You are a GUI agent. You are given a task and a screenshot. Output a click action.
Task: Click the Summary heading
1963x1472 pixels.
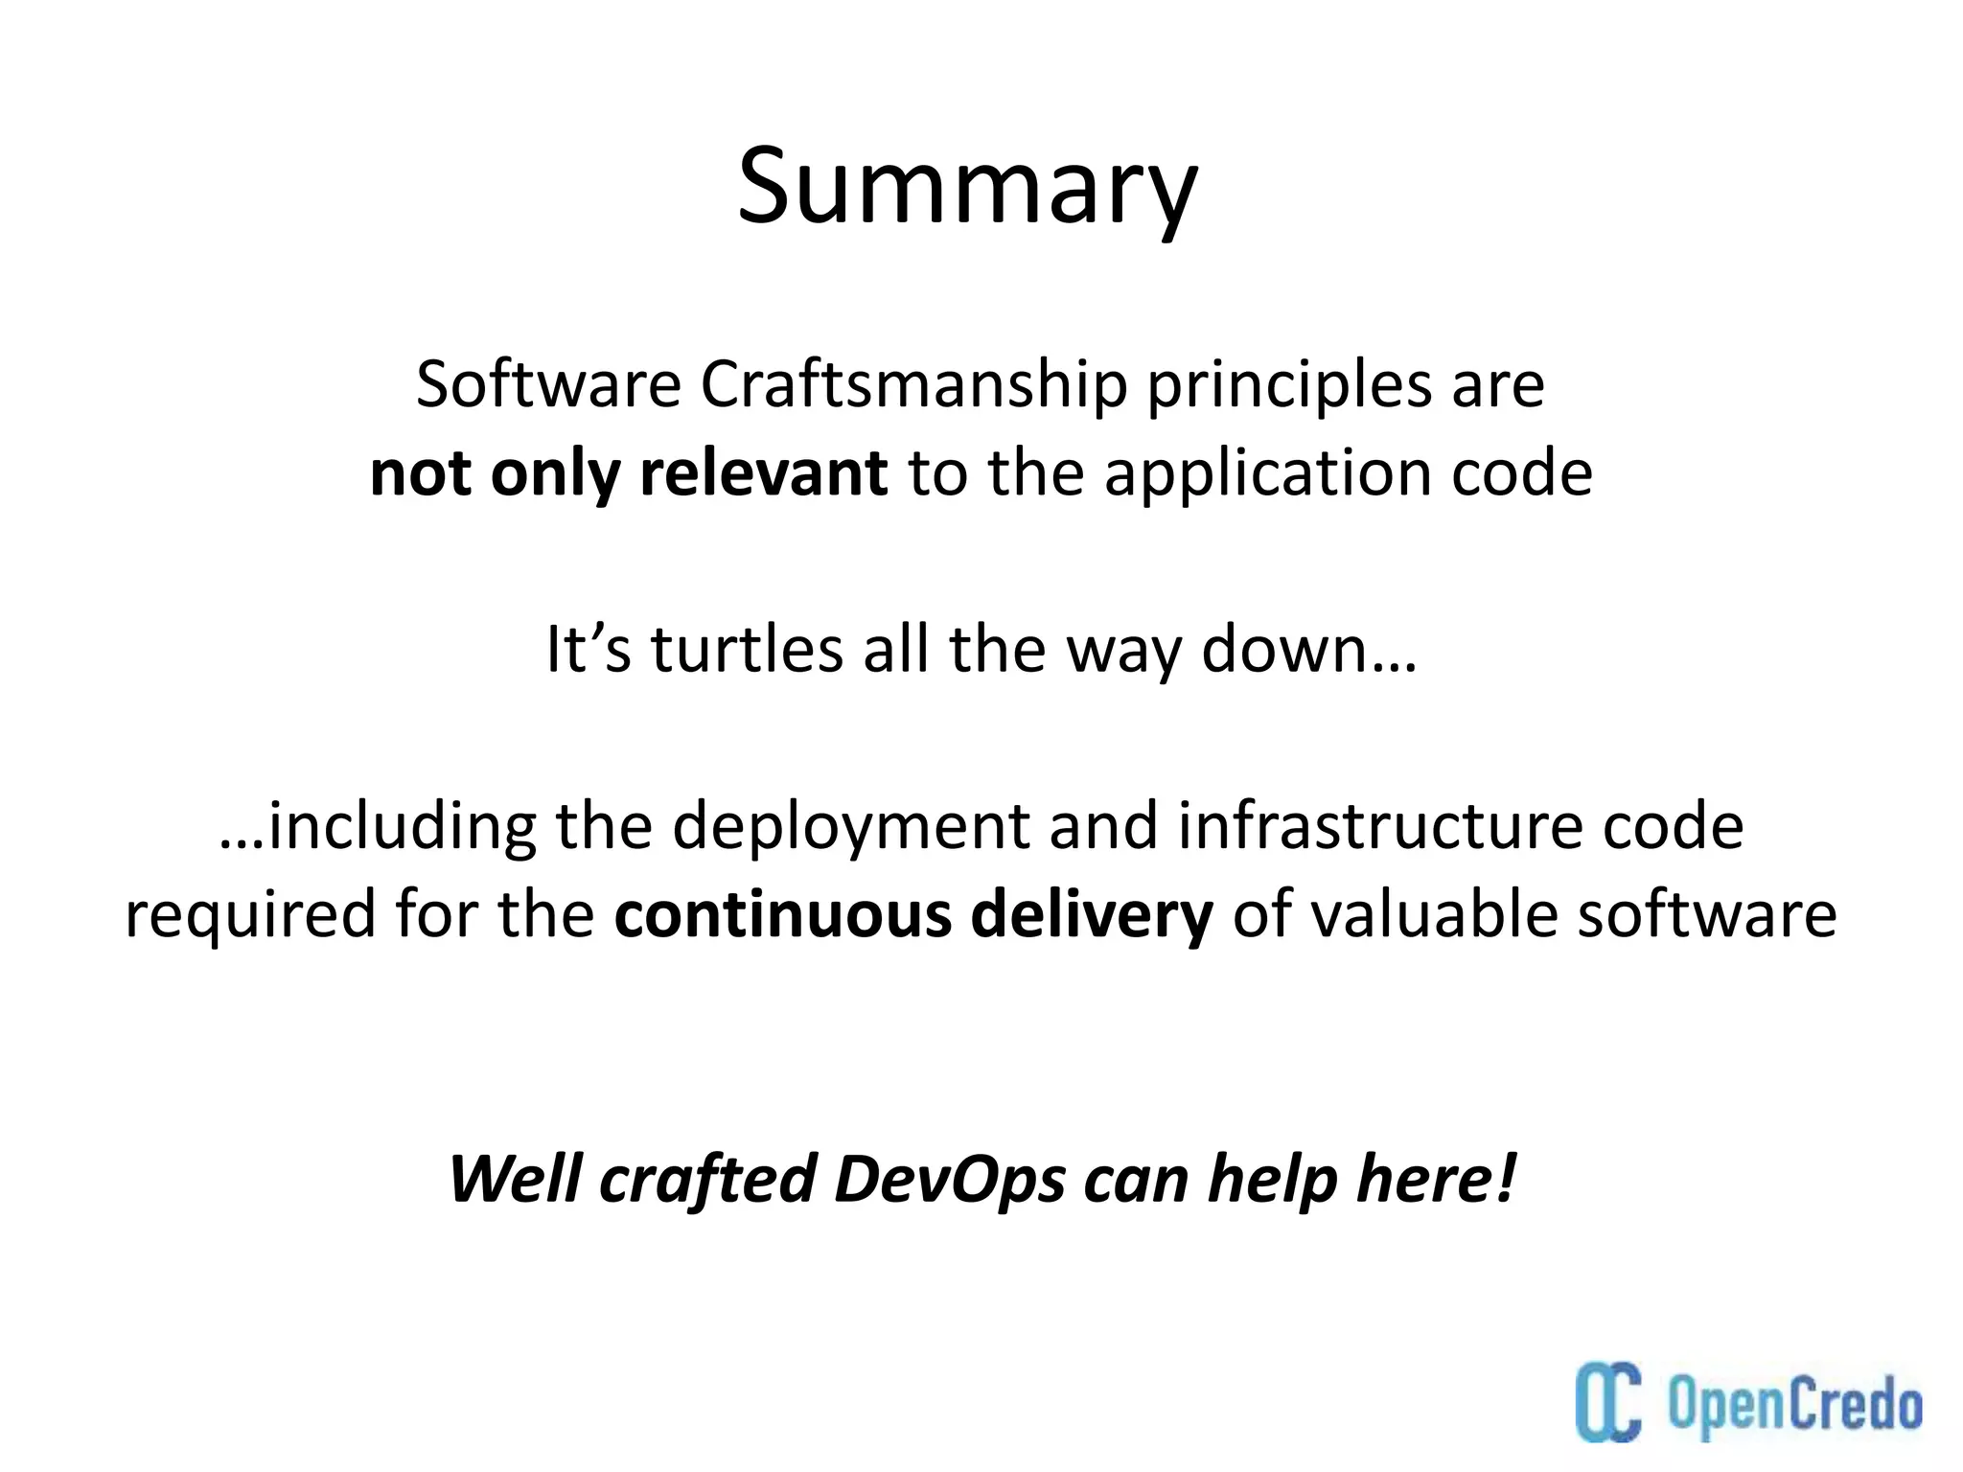tap(967, 187)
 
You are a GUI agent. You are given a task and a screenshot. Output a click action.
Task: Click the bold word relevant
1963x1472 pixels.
tap(763, 473)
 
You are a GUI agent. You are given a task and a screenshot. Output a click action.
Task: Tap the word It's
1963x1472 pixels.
tap(588, 650)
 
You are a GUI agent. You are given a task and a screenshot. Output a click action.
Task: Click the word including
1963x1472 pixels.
tap(403, 826)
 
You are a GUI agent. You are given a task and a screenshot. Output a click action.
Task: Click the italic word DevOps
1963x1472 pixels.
tap(949, 1179)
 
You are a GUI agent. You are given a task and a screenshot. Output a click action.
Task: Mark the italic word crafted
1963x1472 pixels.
tap(707, 1179)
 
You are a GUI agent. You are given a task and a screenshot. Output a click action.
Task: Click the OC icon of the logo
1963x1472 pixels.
tap(1609, 1403)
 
